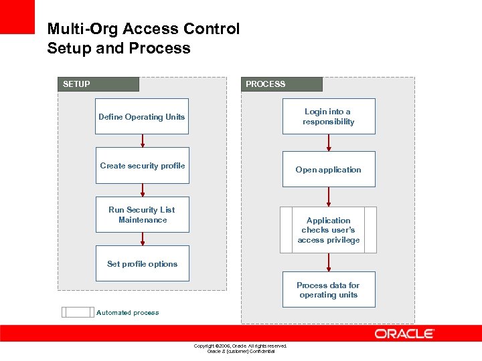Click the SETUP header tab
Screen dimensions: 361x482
98,84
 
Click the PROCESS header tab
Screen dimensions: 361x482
281,84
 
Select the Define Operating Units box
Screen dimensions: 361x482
142,117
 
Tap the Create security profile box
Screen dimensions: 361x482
142,166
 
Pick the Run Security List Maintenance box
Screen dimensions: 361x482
142,215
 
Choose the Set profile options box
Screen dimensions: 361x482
142,263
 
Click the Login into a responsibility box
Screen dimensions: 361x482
329,116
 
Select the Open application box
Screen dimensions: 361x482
329,169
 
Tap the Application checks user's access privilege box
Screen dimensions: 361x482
329,230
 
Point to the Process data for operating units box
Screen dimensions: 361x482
329,289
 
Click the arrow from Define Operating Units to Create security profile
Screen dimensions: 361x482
143,141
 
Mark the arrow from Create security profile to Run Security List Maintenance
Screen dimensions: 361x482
143,190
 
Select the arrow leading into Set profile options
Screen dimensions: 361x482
143,239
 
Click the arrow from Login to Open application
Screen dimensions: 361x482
329,143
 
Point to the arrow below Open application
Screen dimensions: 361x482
329,197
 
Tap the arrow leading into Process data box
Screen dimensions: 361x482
329,262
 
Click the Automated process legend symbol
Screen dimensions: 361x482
78,312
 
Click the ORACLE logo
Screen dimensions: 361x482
404,334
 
